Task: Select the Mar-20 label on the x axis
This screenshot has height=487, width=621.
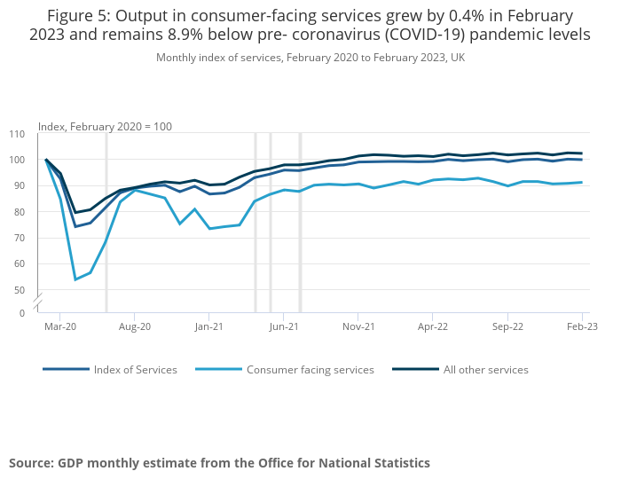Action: tap(59, 326)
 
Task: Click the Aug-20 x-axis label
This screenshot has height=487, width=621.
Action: tap(134, 326)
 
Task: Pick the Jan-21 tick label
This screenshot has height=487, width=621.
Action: tap(208, 326)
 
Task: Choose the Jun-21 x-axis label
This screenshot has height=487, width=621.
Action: tap(283, 326)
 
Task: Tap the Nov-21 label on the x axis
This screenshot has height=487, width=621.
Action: tap(358, 326)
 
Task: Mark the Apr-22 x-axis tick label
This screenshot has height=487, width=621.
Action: tap(432, 326)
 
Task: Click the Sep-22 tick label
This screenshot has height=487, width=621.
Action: tap(507, 326)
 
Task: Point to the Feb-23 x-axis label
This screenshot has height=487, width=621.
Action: tap(582, 326)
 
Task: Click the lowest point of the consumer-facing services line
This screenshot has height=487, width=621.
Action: tap(75, 279)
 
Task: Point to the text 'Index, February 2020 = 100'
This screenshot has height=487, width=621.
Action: tap(105, 127)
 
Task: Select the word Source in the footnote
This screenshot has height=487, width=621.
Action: tap(30, 463)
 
